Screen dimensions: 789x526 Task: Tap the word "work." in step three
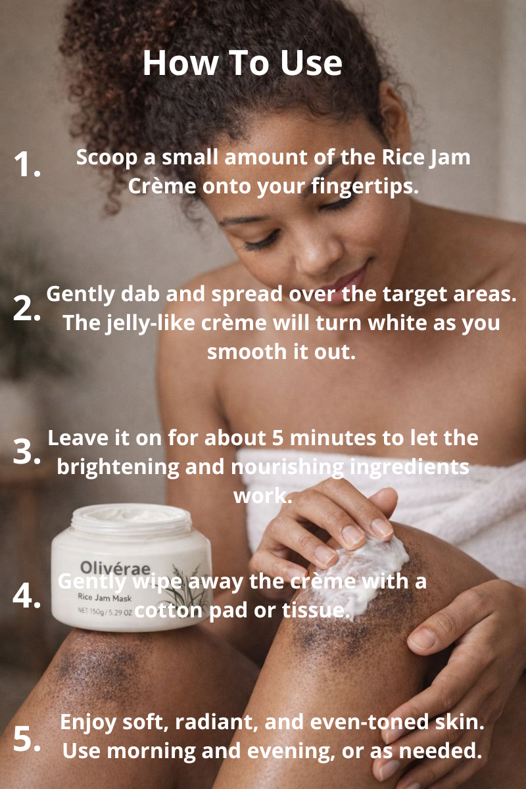point(262,495)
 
